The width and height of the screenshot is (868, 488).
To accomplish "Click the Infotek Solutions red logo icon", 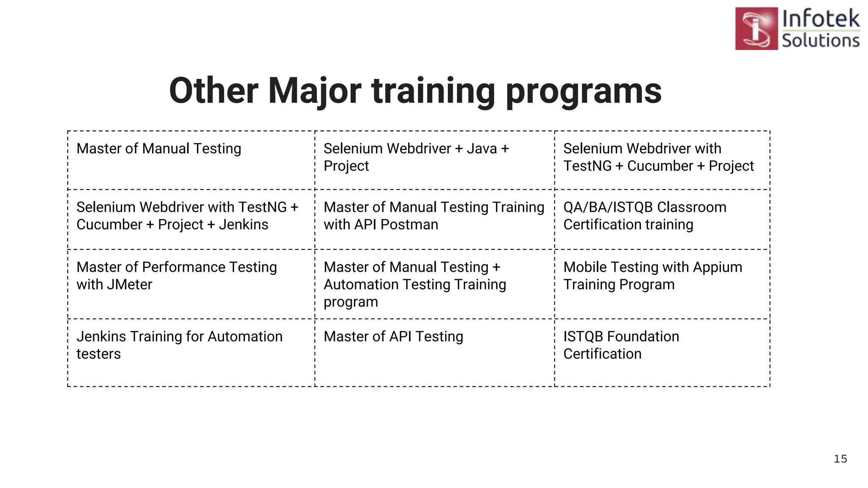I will pos(757,28).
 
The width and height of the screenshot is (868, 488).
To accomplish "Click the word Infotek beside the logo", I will pos(821,19).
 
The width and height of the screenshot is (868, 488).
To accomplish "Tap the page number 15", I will pos(840,459).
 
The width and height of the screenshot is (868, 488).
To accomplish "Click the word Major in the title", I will pos(314,91).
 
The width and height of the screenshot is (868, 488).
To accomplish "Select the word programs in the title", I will pos(584,91).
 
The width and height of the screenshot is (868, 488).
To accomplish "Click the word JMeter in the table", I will pos(129,285).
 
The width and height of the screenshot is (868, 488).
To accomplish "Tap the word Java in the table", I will pos(481,149).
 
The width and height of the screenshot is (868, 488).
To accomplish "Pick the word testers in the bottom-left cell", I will pos(98,354).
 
